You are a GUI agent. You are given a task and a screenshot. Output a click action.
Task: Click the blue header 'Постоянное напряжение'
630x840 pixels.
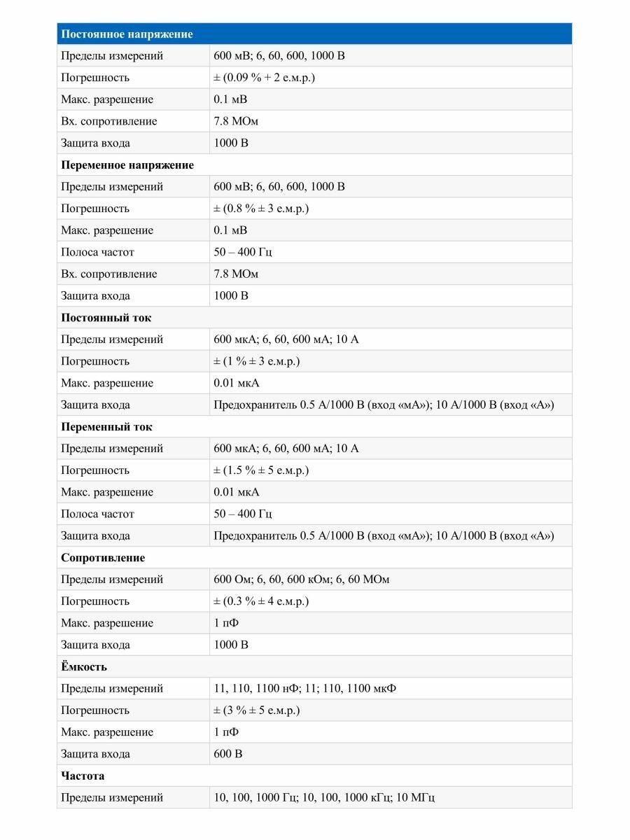pos(127,34)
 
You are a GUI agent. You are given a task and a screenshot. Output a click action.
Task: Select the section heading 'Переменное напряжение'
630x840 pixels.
pos(127,165)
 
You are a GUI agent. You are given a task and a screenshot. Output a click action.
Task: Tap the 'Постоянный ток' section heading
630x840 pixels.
pos(106,318)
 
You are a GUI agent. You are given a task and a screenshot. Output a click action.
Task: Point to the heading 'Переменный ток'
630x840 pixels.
pos(106,427)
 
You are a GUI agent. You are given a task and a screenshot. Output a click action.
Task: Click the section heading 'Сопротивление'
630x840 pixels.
pos(103,558)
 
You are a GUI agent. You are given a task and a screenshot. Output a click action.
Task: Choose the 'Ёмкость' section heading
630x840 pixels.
pos(84,666)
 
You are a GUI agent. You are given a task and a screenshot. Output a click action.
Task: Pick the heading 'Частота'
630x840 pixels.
pos(83,776)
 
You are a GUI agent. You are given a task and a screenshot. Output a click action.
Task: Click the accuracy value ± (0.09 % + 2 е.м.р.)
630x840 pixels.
pos(264,78)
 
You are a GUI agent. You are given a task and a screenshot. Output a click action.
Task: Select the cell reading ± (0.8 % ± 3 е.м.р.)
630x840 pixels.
pos(261,209)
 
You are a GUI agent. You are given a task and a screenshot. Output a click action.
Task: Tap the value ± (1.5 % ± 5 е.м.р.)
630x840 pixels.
pos(261,470)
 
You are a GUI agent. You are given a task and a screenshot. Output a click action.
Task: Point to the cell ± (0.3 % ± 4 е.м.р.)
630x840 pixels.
pos(261,601)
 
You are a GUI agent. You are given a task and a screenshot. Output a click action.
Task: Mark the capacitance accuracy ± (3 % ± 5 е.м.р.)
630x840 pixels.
pos(257,710)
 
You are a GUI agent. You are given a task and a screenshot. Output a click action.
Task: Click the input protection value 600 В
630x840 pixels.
pos(228,754)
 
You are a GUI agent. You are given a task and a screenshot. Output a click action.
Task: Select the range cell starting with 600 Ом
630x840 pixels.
pos(302,580)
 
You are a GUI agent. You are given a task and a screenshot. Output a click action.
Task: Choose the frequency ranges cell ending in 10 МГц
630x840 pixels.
pos(324,797)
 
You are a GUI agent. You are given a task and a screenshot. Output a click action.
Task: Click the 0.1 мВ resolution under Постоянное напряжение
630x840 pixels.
pos(230,99)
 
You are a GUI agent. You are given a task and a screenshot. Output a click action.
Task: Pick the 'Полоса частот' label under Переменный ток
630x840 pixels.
pos(97,514)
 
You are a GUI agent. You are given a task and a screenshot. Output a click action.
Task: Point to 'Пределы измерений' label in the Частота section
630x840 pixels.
pos(112,797)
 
